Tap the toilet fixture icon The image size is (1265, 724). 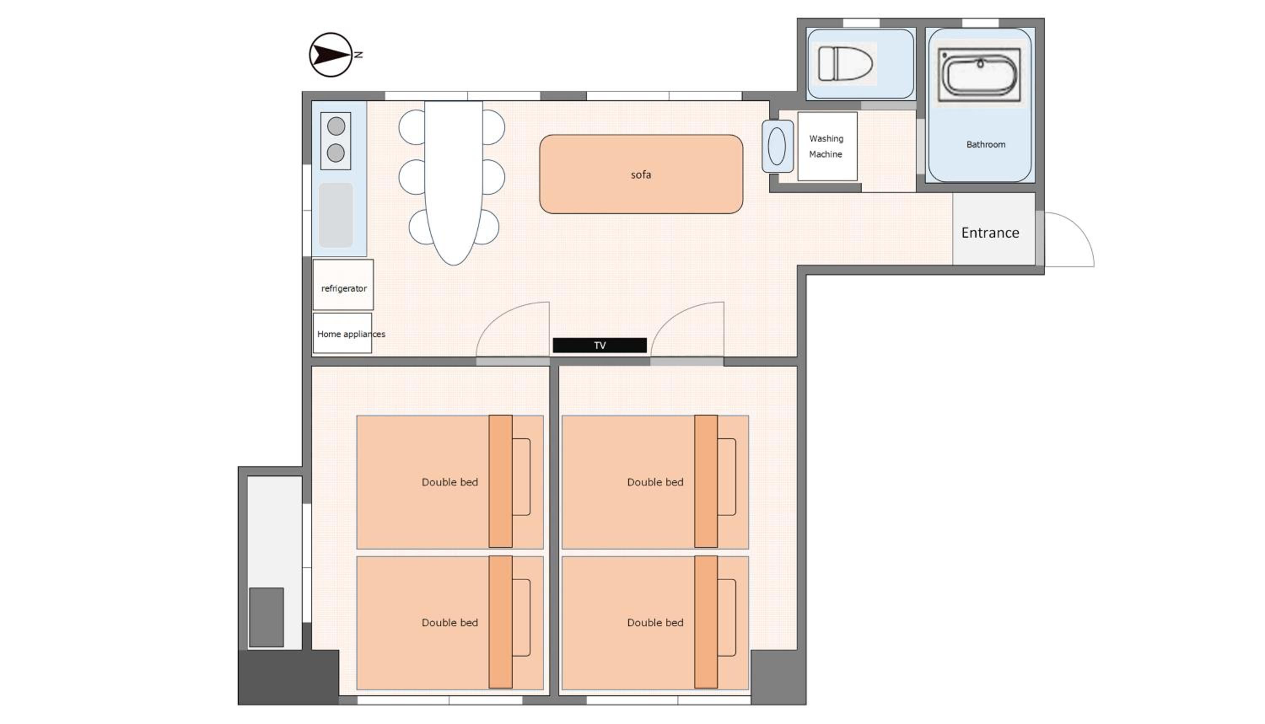click(x=846, y=64)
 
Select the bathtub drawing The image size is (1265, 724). click(x=980, y=73)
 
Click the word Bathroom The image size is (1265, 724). click(x=986, y=145)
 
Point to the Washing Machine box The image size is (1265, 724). click(x=827, y=146)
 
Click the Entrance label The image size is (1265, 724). click(x=990, y=233)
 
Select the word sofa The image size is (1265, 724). click(x=641, y=174)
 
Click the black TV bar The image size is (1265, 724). click(x=600, y=345)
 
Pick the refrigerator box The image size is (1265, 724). click(x=343, y=285)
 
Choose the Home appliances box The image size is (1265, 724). click(x=342, y=333)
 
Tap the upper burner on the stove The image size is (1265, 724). click(x=336, y=126)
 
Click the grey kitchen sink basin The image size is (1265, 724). click(x=336, y=215)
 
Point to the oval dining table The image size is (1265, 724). click(x=453, y=183)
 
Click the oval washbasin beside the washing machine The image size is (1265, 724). click(x=777, y=147)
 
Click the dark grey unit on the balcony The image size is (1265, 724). click(x=266, y=617)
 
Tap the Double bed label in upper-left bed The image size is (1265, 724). click(x=449, y=482)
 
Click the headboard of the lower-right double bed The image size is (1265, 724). click(x=706, y=622)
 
